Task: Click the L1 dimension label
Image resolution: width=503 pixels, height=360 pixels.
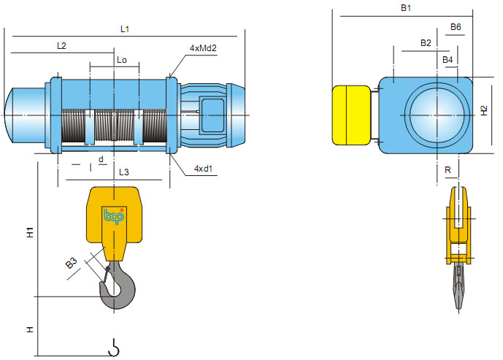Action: tap(125, 28)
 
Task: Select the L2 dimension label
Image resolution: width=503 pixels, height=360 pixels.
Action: tap(61, 45)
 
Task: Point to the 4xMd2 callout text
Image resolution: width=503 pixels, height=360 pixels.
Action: tap(204, 48)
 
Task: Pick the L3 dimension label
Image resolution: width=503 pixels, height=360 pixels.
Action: tap(123, 172)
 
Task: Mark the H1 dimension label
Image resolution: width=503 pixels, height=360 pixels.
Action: tap(30, 234)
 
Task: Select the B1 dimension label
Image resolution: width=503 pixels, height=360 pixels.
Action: tap(407, 8)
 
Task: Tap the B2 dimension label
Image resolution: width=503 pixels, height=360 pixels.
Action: tap(426, 43)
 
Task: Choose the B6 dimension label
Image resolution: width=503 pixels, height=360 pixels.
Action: tap(456, 27)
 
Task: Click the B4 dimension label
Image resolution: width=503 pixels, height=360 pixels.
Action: tap(448, 58)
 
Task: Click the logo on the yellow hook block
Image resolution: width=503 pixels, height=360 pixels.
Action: tap(115, 216)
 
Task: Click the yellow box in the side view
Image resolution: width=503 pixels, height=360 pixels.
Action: tap(351, 115)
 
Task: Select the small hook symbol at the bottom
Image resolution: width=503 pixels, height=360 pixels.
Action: tap(113, 349)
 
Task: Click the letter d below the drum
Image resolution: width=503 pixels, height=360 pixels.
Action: tap(101, 158)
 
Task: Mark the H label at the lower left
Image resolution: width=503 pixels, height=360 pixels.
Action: tap(30, 330)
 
